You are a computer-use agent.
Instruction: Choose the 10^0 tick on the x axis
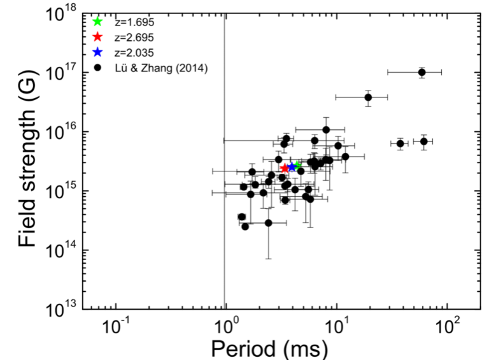[227, 329]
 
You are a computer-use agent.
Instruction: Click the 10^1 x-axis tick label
[337, 329]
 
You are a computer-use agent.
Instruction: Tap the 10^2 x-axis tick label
[448, 329]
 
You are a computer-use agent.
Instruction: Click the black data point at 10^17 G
[421, 72]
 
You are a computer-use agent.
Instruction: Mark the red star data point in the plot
[285, 168]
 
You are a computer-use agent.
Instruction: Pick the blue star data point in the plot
[292, 167]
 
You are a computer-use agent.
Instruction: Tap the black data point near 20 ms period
[368, 97]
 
